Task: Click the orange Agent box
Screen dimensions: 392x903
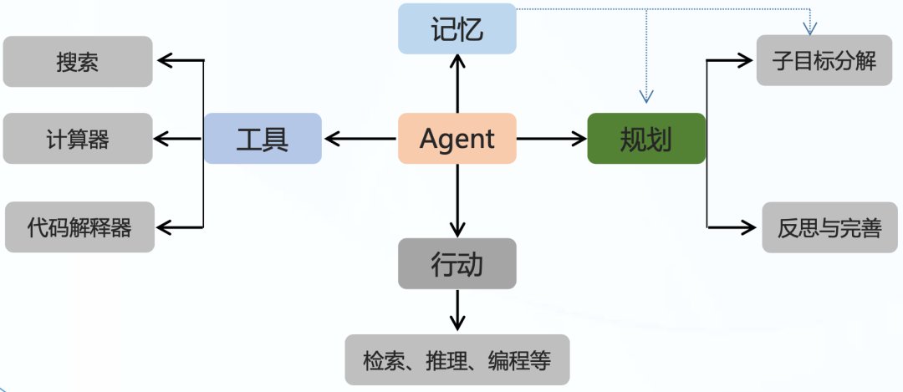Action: (457, 139)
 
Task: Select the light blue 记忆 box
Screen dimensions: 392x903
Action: (457, 29)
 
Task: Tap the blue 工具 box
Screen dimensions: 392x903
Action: (263, 139)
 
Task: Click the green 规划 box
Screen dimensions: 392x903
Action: (646, 139)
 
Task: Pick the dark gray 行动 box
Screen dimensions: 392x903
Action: (457, 263)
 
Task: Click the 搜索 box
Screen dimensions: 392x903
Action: (78, 62)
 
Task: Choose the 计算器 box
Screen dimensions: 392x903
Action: (78, 139)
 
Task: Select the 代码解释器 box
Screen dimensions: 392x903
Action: (79, 227)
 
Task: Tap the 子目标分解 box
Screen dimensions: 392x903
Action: (824, 60)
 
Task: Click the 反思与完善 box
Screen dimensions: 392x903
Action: (825, 227)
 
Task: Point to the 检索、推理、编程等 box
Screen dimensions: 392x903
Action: (457, 360)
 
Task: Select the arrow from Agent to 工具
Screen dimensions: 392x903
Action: (360, 139)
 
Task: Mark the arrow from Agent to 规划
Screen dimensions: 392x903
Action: (552, 139)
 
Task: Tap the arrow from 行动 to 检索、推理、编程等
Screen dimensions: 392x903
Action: (457, 311)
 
